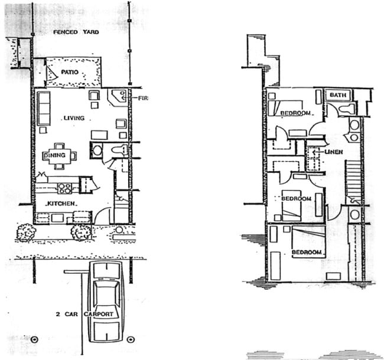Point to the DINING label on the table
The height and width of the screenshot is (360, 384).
[x=55, y=156]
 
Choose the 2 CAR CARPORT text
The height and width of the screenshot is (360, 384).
[x=88, y=315]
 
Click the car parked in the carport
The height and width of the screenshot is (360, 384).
[x=106, y=301]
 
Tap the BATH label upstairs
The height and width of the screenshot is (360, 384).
[x=337, y=95]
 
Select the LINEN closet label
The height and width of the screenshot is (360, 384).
[x=334, y=152]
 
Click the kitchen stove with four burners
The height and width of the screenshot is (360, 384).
[x=65, y=188]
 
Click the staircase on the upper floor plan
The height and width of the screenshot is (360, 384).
[x=352, y=181]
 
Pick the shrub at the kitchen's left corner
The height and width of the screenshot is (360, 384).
[x=25, y=233]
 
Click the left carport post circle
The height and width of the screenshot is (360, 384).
[x=34, y=339]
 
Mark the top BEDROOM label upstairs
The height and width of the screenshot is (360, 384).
[x=295, y=113]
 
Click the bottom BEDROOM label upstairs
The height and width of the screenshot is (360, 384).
[x=308, y=253]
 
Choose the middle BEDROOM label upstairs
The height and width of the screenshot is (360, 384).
[x=296, y=199]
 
